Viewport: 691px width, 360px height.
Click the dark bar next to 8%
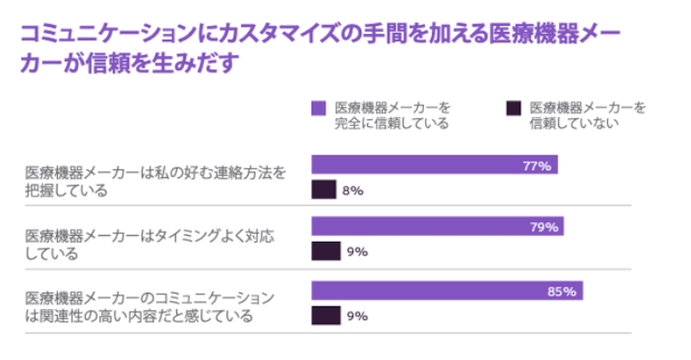[323, 190]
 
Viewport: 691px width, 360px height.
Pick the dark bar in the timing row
[326, 252]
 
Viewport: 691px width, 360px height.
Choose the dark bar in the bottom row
[326, 316]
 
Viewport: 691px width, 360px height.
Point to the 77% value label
[536, 165]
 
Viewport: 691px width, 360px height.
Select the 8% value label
[352, 190]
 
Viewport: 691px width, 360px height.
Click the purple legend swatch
[319, 108]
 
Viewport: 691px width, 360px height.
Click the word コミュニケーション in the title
[104, 35]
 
